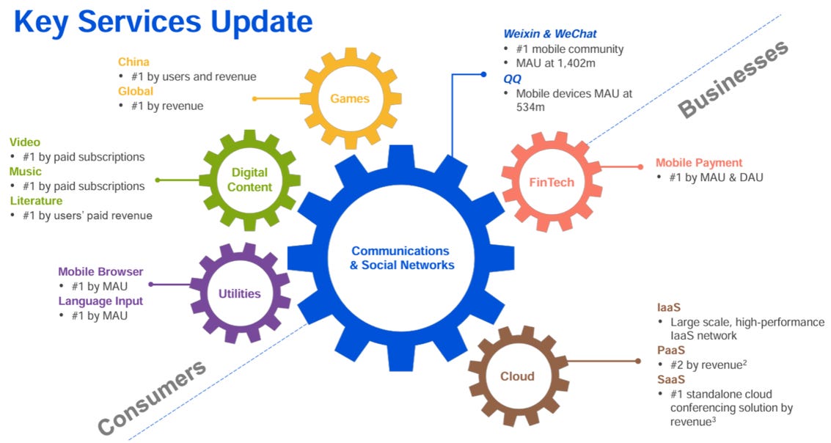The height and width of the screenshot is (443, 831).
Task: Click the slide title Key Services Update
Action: [163, 22]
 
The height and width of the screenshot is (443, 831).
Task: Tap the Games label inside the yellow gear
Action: [350, 98]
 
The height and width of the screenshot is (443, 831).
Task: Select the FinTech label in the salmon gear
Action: [552, 181]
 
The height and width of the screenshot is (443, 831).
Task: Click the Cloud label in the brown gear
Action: [517, 376]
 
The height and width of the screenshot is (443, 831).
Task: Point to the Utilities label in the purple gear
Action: [239, 293]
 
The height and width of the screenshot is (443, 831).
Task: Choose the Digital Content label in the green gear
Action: [249, 180]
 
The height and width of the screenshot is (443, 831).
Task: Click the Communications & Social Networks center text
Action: [402, 257]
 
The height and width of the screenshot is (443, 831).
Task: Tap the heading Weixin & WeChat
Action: [550, 34]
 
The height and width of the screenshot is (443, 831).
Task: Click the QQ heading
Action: [512, 78]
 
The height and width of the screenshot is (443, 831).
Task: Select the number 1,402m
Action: [578, 64]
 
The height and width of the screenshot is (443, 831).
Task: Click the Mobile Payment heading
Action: [699, 162]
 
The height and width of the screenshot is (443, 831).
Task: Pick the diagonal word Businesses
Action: [733, 78]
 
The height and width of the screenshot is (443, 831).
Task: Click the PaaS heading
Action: [671, 350]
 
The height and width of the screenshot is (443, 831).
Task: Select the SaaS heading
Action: [671, 379]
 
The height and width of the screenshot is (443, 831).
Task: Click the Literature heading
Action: [36, 200]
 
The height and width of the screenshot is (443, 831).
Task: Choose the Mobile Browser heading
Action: [100, 271]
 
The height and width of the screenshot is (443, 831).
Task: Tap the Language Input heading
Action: [100, 301]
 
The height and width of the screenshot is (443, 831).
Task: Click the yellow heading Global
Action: [136, 91]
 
